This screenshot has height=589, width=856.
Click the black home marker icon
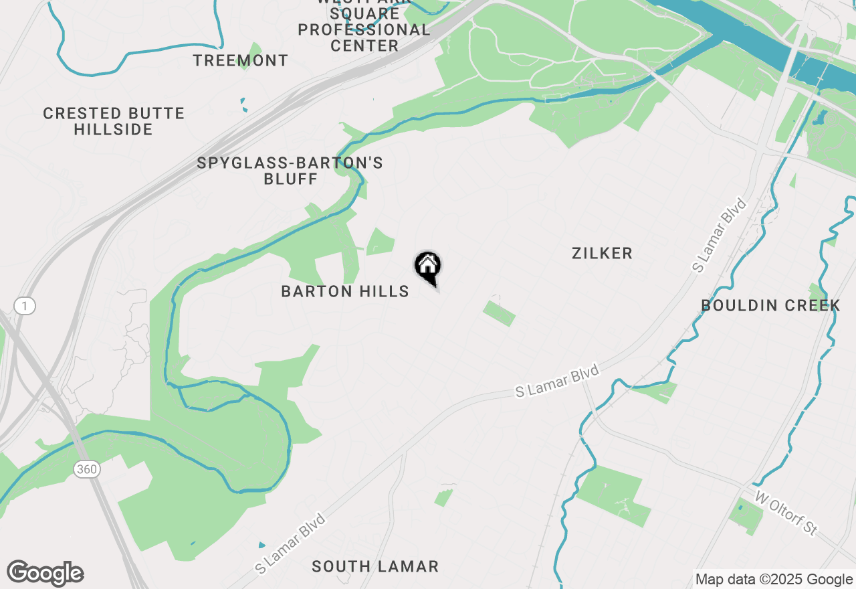pyautogui.click(x=428, y=266)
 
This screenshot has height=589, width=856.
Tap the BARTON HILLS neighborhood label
pyautogui.click(x=345, y=291)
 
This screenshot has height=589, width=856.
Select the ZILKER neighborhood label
pyautogui.click(x=602, y=253)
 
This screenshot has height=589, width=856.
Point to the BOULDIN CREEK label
pyautogui.click(x=770, y=306)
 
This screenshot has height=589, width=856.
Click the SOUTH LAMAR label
pyautogui.click(x=375, y=566)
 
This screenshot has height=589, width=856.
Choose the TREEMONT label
pyautogui.click(x=241, y=60)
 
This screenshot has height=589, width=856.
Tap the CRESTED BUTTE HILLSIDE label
pyautogui.click(x=114, y=121)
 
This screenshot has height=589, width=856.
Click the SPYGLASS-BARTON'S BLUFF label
pyautogui.click(x=290, y=171)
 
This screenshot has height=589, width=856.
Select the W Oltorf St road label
pyautogui.click(x=786, y=513)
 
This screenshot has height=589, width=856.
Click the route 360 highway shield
pyautogui.click(x=87, y=469)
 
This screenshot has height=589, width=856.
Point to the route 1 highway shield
pyautogui.click(x=25, y=307)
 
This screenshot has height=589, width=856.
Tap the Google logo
pyautogui.click(x=45, y=574)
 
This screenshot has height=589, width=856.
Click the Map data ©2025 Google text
pyautogui.click(x=774, y=580)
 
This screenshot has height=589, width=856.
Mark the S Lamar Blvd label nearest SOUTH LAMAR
pyautogui.click(x=290, y=543)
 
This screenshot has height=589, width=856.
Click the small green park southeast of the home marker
pyautogui.click(x=499, y=313)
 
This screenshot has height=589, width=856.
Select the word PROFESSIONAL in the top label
pyautogui.click(x=364, y=30)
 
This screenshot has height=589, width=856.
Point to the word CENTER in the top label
pyautogui.click(x=364, y=46)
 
